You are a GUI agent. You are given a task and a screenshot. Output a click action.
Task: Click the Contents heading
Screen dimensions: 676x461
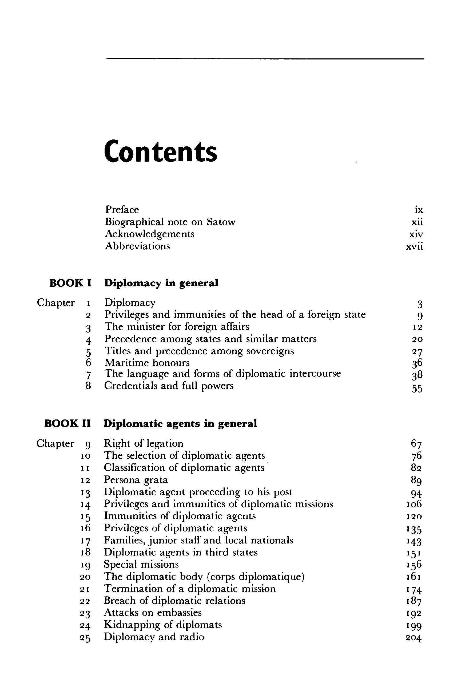(x=160, y=152)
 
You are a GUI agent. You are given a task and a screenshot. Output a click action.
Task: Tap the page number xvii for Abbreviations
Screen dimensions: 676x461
(x=414, y=247)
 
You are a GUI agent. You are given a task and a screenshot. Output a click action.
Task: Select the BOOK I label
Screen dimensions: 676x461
(x=70, y=283)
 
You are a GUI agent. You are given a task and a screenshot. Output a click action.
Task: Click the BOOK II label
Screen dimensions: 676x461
(x=67, y=423)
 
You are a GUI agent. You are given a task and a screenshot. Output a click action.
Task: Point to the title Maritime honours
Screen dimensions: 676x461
(x=147, y=363)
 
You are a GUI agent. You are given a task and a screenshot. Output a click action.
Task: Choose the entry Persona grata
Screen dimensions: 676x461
(x=136, y=480)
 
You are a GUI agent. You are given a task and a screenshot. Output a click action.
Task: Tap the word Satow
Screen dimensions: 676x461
(x=221, y=222)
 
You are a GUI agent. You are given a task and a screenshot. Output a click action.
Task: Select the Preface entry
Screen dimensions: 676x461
(x=122, y=210)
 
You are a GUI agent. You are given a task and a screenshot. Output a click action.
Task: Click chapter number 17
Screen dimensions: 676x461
(x=86, y=541)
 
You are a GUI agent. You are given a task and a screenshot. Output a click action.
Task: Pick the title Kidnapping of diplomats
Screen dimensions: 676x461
(x=163, y=625)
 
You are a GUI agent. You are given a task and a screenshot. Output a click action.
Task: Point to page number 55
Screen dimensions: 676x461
(x=417, y=389)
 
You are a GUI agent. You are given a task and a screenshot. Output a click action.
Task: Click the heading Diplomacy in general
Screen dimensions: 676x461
(x=161, y=283)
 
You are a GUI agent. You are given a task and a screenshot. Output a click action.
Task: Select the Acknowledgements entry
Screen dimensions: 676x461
(x=150, y=234)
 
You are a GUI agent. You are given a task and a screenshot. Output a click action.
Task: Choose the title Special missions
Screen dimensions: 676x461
(x=141, y=564)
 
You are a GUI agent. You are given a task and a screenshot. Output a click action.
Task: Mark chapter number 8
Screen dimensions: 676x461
(x=88, y=386)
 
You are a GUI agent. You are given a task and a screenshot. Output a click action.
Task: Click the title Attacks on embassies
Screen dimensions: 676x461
(x=153, y=612)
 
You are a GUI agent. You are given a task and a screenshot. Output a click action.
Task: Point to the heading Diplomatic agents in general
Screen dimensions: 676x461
(x=180, y=423)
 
